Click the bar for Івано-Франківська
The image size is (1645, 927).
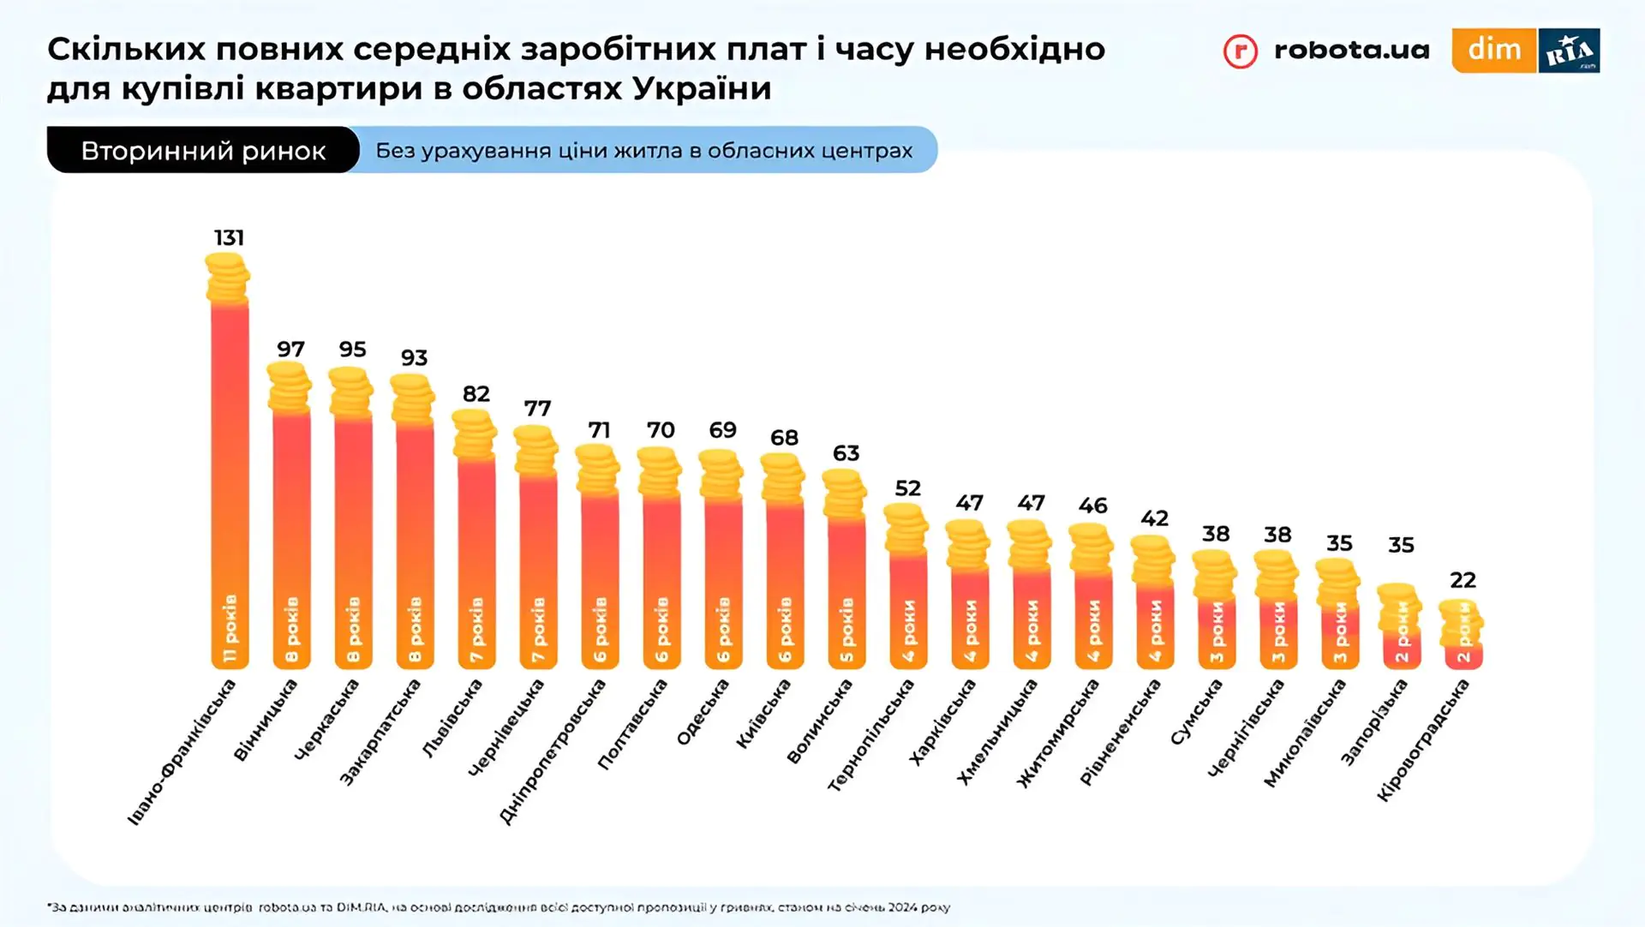[x=230, y=480]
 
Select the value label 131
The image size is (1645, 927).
[x=229, y=237]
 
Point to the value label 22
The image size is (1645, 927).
[x=1463, y=580]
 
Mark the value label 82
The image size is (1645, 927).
[x=476, y=393]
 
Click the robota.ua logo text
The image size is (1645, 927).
[x=1351, y=50]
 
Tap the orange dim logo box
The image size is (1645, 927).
[x=1493, y=50]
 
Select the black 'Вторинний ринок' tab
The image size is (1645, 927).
[x=203, y=151]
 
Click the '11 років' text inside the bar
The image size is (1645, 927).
[x=230, y=628]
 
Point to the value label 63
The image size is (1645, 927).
[x=846, y=452]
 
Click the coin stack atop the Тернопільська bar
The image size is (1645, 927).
[x=906, y=527]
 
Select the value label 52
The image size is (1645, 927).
[x=907, y=488]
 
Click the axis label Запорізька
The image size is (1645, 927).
[x=1374, y=721]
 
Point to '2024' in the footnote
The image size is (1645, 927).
[x=900, y=907]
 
